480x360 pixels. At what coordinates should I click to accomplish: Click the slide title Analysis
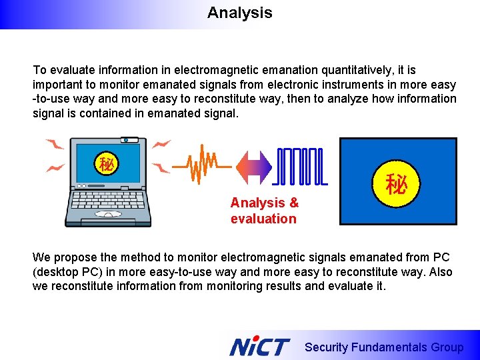coord(239,13)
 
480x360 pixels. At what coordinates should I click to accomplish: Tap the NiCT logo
coord(259,347)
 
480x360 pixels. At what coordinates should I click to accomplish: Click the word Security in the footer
coord(326,347)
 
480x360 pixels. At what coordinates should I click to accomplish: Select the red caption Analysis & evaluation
coord(265,211)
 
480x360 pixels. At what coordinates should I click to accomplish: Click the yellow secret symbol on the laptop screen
coord(106,163)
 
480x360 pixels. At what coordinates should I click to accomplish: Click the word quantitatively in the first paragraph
coord(357,70)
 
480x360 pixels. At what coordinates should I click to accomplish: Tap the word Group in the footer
coord(448,347)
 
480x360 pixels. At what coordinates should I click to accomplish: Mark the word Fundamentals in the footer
coord(389,347)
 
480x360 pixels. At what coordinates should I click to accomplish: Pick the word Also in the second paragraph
coord(440,272)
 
